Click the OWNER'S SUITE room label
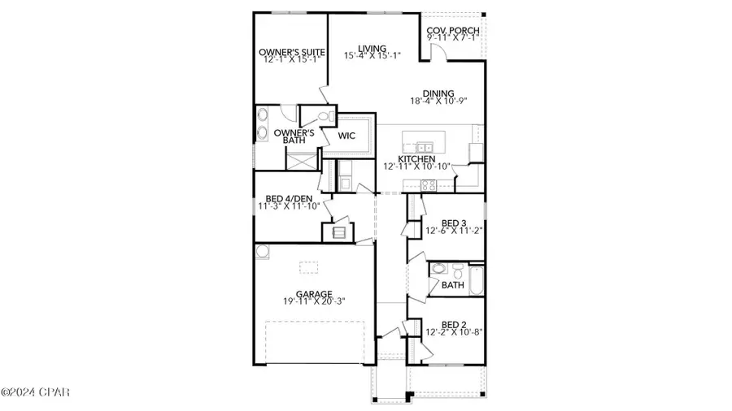[x=290, y=54]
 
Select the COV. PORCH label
[x=453, y=32]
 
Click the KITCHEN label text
[x=416, y=158]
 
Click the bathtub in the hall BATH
[x=475, y=280]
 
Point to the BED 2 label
[x=453, y=322]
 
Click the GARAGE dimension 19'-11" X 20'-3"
[x=312, y=301]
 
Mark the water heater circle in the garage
[x=262, y=253]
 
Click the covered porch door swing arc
[x=439, y=52]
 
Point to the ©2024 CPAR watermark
[x=36, y=392]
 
